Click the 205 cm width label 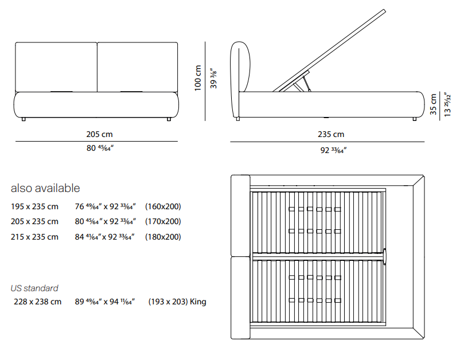click(x=99, y=134)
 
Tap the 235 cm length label click(x=330, y=134)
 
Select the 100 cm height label click(x=198, y=78)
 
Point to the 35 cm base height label click(x=433, y=104)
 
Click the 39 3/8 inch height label click(x=213, y=79)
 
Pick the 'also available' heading click(x=45, y=188)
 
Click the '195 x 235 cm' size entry click(x=34, y=206)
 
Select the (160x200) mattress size click(x=163, y=206)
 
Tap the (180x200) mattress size click(x=163, y=237)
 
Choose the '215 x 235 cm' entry click(x=34, y=237)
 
